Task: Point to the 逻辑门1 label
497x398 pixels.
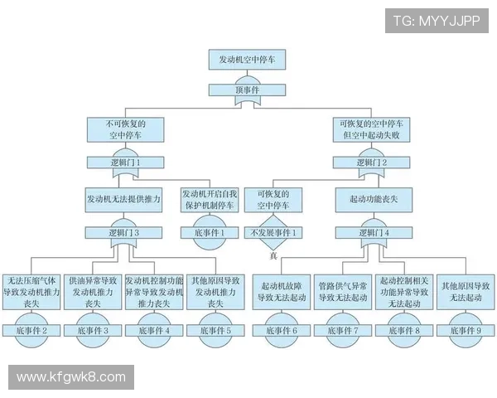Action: [124, 163]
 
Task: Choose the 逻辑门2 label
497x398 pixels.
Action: [373, 163]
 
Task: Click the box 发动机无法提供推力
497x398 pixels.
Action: [124, 199]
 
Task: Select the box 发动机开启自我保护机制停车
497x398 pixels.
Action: [208, 199]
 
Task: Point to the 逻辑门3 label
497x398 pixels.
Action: [124, 233]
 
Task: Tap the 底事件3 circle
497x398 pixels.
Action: [94, 330]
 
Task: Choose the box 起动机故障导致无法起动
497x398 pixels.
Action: [282, 292]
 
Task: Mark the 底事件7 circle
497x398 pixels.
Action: [343, 330]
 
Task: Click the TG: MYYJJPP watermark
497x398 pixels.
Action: [437, 21]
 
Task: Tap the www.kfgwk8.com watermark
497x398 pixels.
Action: [71, 377]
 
